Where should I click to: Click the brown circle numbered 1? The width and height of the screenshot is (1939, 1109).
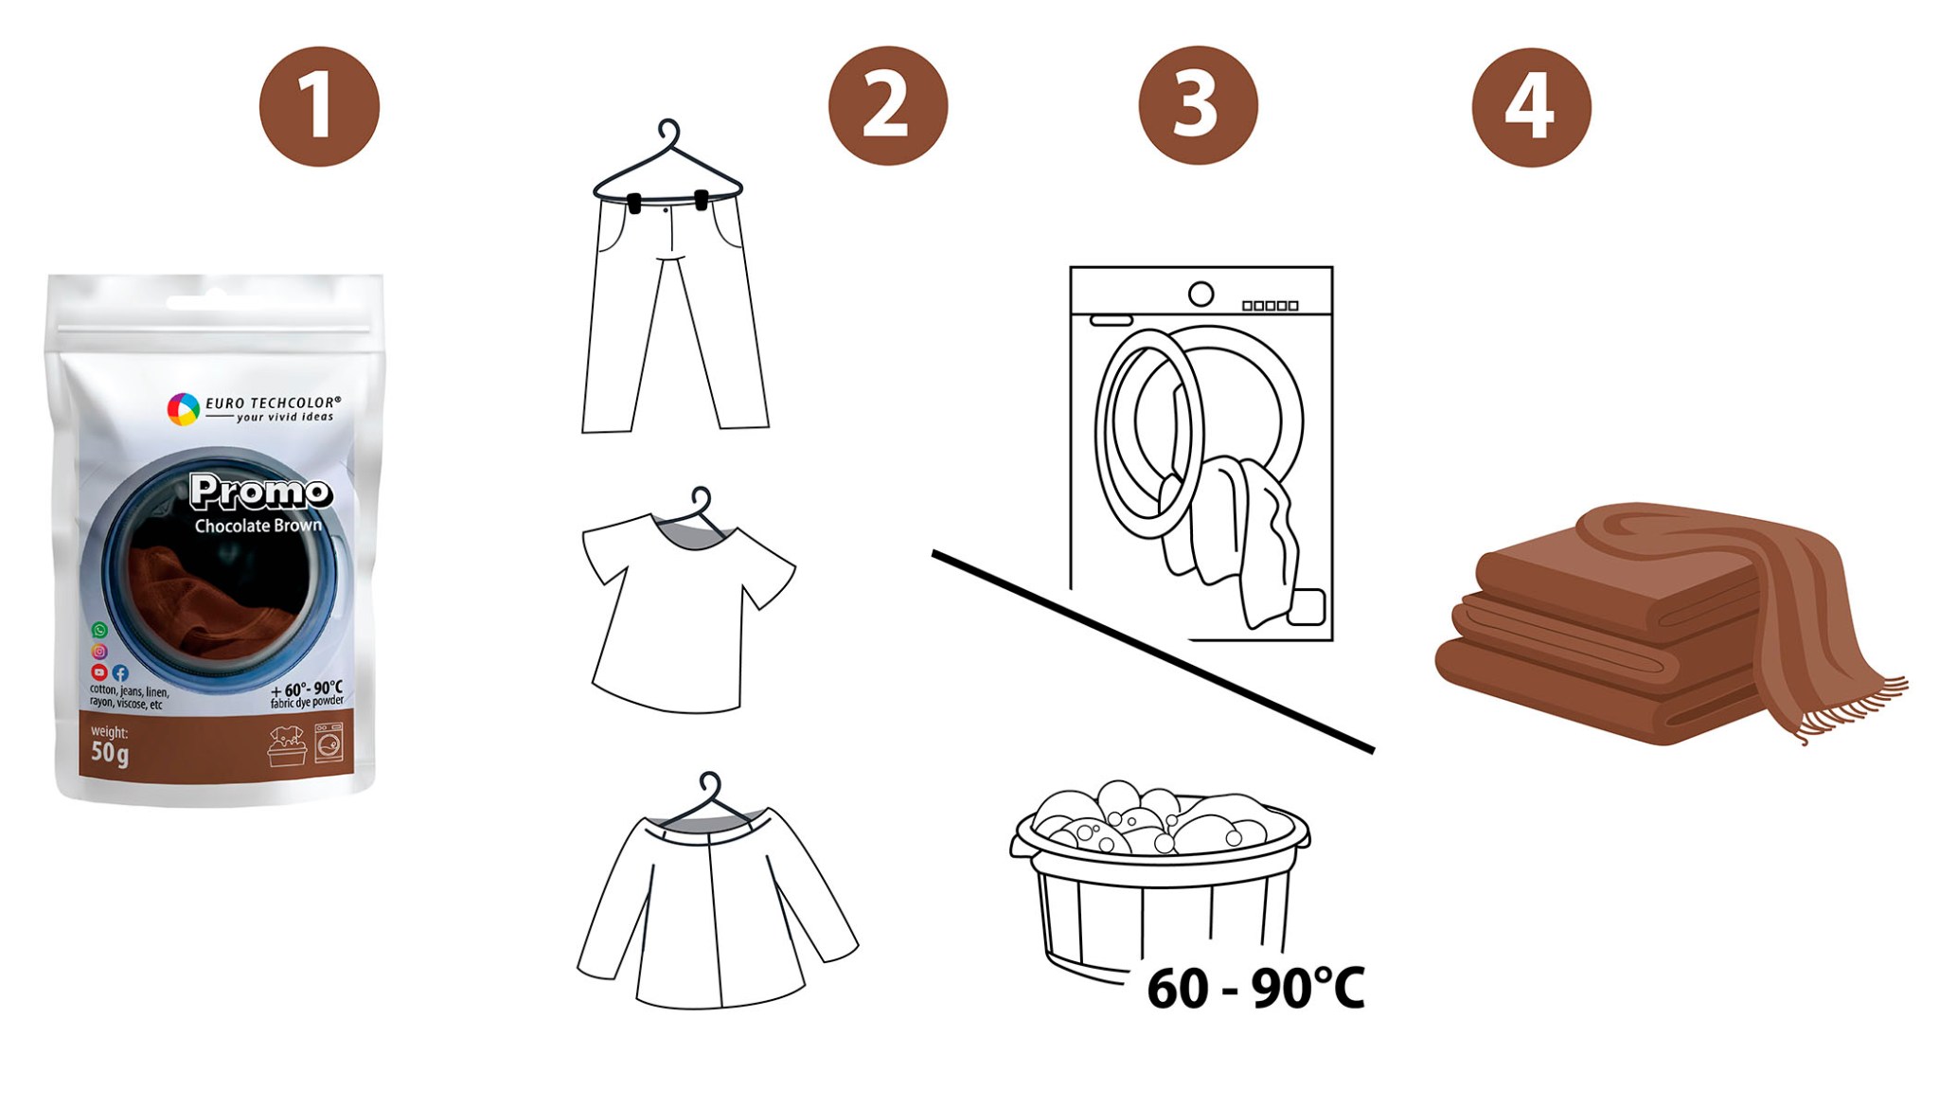[x=319, y=107]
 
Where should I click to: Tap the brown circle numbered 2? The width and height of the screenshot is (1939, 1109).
[x=887, y=106]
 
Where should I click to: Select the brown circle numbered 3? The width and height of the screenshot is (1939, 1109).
[x=1198, y=105]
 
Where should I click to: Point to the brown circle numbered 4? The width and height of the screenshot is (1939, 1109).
[x=1531, y=107]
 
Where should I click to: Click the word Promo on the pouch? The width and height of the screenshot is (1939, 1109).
[x=260, y=492]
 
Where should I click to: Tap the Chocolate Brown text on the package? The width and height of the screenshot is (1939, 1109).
[x=258, y=526]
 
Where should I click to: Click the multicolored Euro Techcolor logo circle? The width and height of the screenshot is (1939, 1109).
[x=183, y=409]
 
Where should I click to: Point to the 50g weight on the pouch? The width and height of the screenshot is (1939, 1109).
[x=110, y=754]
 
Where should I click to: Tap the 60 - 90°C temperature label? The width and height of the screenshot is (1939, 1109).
[x=1255, y=989]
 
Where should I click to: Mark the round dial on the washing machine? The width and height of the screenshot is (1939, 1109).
[x=1201, y=295]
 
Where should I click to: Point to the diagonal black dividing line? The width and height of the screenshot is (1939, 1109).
[x=1153, y=652]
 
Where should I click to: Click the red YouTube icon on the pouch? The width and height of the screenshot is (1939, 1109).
[x=98, y=671]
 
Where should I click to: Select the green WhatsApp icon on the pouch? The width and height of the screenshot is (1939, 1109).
[x=99, y=630]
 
